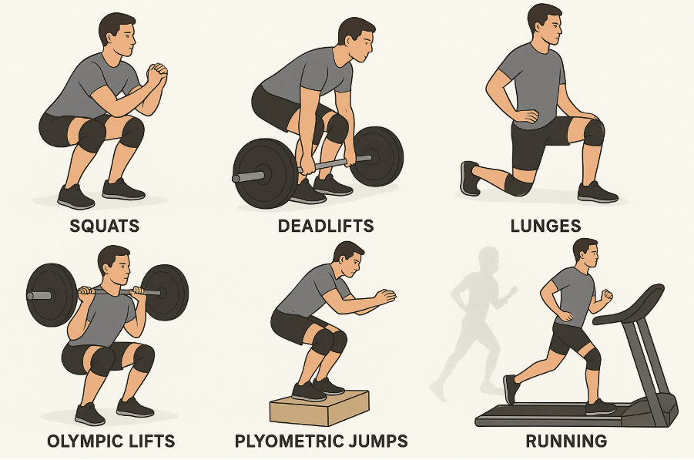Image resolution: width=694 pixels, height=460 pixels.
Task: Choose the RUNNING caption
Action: pos(566,442)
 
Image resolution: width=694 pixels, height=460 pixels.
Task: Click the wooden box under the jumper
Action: pos(317,406)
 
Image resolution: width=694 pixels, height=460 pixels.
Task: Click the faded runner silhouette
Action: pos(474,316)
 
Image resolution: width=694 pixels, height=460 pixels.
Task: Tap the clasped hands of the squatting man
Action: pos(157,76)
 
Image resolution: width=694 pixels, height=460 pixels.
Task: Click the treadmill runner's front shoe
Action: pos(599,406)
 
